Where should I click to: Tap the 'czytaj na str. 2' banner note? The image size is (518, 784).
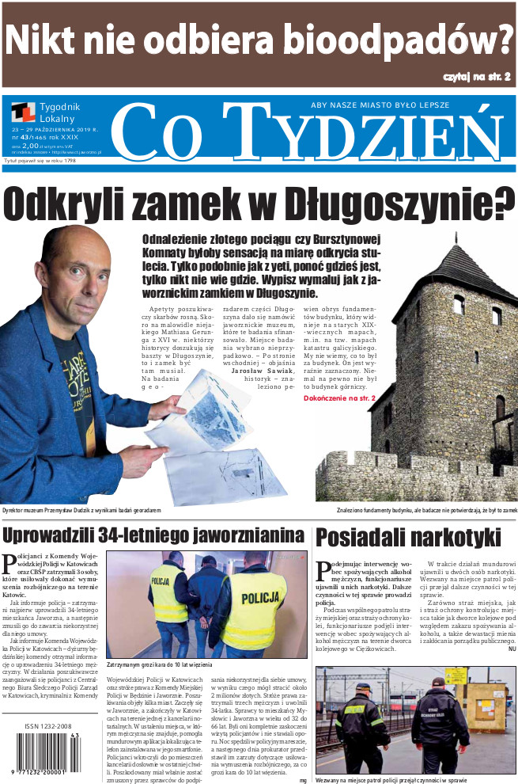coord(476,76)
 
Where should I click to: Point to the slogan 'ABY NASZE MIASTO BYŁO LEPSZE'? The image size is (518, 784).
coord(380,105)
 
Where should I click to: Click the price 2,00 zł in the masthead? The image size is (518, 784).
coord(30,146)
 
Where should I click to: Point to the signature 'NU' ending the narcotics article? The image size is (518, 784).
coord(512,649)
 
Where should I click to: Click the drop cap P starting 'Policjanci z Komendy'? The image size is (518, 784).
coord(10,564)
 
